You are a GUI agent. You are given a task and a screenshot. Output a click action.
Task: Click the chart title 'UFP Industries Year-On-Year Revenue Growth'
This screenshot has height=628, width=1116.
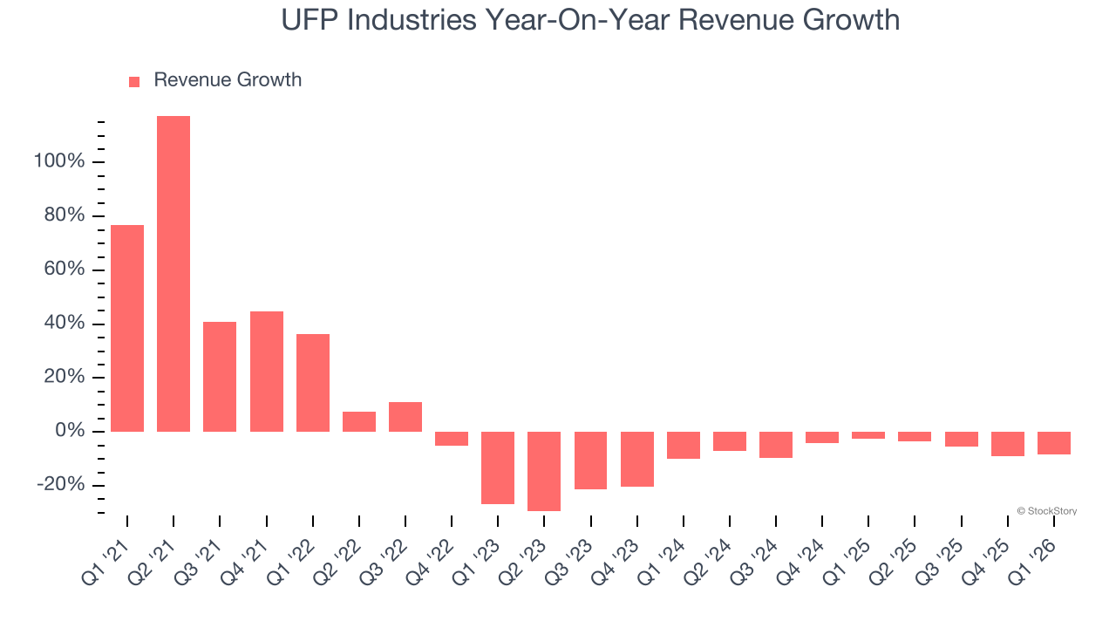pyautogui.click(x=590, y=20)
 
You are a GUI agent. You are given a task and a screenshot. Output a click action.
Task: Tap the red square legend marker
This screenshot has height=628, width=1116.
pyautogui.click(x=134, y=81)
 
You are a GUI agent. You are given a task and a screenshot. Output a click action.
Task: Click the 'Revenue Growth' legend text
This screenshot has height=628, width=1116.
pyautogui.click(x=228, y=80)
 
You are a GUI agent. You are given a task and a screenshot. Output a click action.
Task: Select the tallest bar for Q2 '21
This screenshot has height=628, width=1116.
pyautogui.click(x=174, y=274)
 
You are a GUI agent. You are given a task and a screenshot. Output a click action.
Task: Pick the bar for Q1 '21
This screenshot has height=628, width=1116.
pyautogui.click(x=127, y=328)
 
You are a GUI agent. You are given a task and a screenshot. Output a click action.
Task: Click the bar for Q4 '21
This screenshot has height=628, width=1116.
pyautogui.click(x=267, y=372)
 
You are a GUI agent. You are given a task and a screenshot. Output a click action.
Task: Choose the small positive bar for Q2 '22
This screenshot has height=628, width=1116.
pyautogui.click(x=359, y=421)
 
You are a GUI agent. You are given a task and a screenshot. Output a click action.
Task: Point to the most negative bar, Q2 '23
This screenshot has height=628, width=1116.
pyautogui.click(x=544, y=471)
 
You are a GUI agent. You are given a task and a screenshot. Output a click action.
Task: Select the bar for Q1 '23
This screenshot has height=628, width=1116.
pyautogui.click(x=498, y=468)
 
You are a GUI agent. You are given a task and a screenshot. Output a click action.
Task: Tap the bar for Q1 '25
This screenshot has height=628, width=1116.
pyautogui.click(x=868, y=435)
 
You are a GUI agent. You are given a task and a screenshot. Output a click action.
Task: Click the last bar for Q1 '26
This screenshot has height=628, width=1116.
pyautogui.click(x=1053, y=443)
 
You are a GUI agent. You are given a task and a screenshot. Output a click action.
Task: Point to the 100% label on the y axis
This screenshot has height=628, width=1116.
pyautogui.click(x=59, y=162)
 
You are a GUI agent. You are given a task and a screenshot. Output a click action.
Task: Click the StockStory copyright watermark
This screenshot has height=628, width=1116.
pyautogui.click(x=1046, y=511)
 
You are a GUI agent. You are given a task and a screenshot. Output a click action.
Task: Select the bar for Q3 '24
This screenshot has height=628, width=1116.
pyautogui.click(x=776, y=445)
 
